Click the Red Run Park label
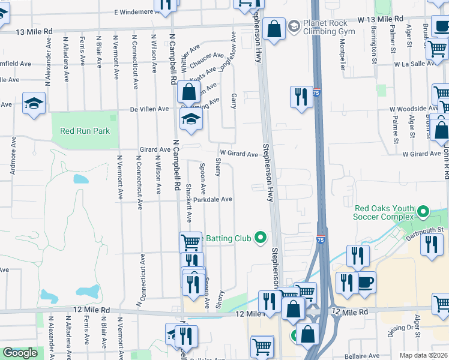pyautogui.click(x=85, y=131)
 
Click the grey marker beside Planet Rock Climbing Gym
pyautogui.click(x=294, y=26)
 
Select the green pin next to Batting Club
pyautogui.click(x=260, y=238)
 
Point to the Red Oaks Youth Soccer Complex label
pyautogui.click(x=384, y=214)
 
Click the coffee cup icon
pyautogui.click(x=366, y=282)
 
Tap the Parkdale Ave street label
pyautogui.click(x=212, y=199)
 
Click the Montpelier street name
pyautogui.click(x=343, y=55)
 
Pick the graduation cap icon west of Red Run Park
pyautogui.click(x=34, y=104)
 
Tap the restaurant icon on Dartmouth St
pyautogui.click(x=431, y=245)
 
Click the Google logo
pyautogui.click(x=20, y=353)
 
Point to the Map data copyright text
pyautogui.click(x=423, y=355)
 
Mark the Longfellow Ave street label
pyautogui.click(x=226, y=56)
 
